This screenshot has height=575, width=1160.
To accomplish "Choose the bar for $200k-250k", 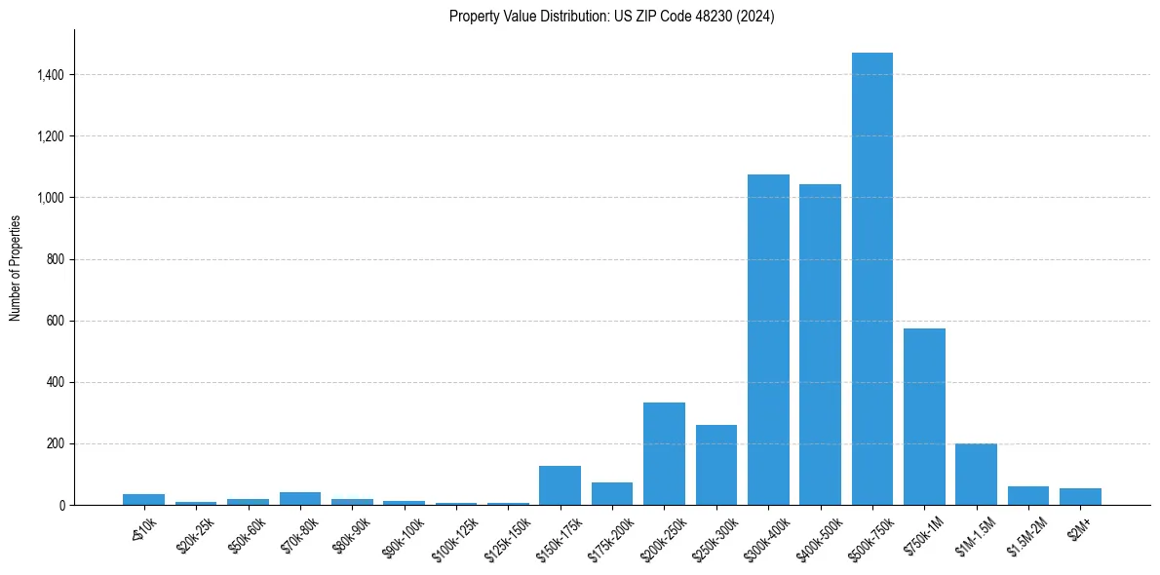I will pos(664,453).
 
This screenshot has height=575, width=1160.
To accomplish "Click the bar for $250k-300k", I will pos(716,465).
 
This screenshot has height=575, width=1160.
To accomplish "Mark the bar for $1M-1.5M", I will pos(976,474).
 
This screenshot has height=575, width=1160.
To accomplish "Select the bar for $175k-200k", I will pos(612,493).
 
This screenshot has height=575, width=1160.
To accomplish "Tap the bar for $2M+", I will pos(1080,496).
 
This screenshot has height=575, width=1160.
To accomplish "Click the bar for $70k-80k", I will pos(300,498).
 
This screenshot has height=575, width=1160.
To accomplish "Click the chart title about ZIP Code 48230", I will pos(612,17).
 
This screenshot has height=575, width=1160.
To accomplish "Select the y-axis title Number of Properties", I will pos(16,267).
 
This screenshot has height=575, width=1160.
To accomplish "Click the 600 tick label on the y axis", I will pos(56,321).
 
